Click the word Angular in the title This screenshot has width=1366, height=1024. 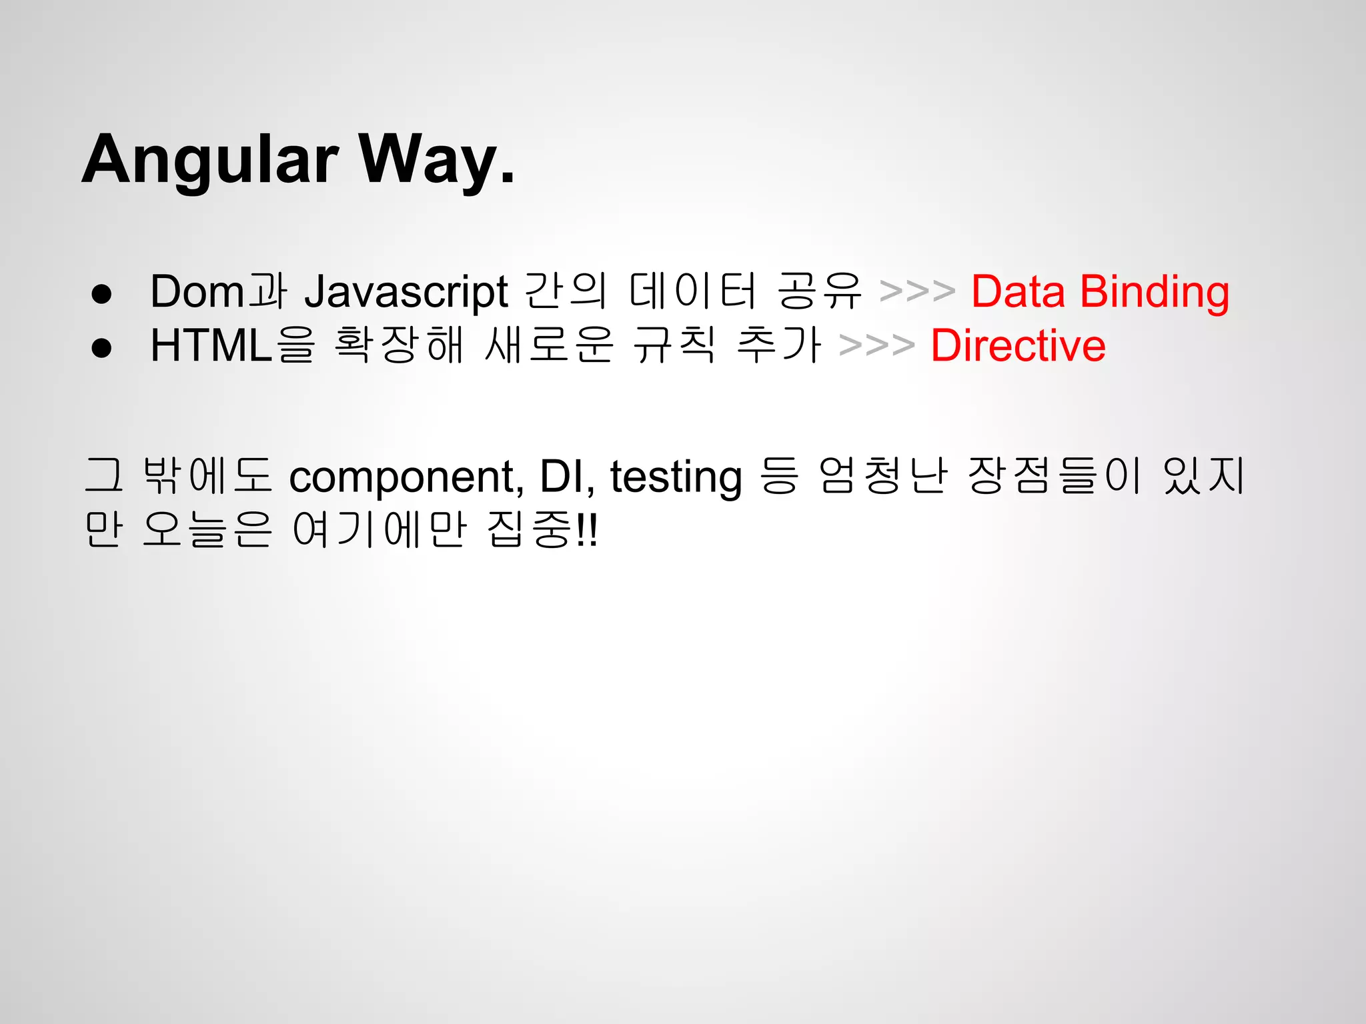click(x=210, y=160)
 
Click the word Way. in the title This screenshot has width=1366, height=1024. click(x=437, y=160)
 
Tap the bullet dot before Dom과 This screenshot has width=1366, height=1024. click(x=101, y=294)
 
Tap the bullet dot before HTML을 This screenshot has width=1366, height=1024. click(x=101, y=347)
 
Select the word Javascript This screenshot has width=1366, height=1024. click(x=406, y=292)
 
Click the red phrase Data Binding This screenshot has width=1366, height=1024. click(x=1100, y=292)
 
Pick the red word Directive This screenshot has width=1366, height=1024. click(x=1018, y=345)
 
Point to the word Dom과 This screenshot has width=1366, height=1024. click(x=218, y=292)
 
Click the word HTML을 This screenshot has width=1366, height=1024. click(x=232, y=345)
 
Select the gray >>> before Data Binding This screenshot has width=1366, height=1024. click(x=917, y=292)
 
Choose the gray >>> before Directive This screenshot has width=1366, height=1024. click(x=876, y=345)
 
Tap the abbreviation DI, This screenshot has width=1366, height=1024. click(x=566, y=477)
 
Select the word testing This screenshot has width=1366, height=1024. click(x=676, y=477)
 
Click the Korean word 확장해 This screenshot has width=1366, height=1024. click(x=399, y=345)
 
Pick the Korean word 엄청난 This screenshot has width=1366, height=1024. click(x=882, y=476)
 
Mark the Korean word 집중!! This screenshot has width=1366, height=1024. click(x=543, y=529)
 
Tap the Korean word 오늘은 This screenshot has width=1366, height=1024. click(x=207, y=529)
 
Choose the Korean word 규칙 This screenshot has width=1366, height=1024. click(x=674, y=345)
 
